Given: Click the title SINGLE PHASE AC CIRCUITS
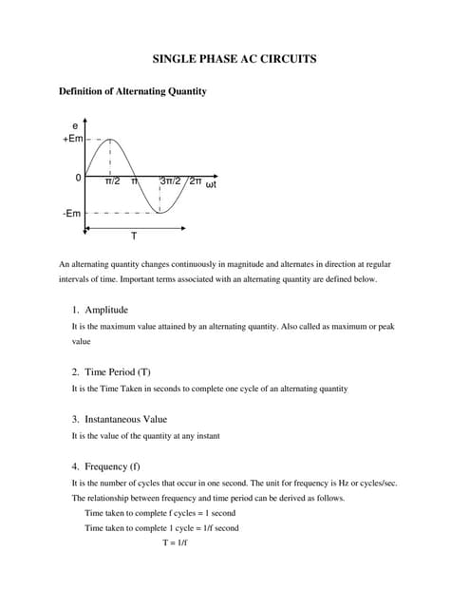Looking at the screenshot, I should coord(235,59).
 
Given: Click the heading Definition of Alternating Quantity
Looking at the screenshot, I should coord(133,91).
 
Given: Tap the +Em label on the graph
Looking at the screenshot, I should coord(72,139).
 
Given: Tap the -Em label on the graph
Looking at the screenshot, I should coord(72,213).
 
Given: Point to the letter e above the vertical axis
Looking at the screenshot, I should coord(75,125).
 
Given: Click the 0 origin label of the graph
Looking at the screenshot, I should coord(78,179).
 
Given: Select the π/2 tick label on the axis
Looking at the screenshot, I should coord(112,180).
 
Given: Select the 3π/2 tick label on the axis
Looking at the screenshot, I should coord(171,180).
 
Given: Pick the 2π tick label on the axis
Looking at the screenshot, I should coord(195,180).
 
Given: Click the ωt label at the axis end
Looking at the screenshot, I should coord(212,183).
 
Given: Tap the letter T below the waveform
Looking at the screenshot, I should coord(133,236).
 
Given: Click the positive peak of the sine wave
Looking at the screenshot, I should coord(110,139).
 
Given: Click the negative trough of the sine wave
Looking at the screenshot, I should coord(160,213).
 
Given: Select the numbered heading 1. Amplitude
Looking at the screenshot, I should coord(100,310).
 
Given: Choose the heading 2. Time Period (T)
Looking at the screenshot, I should coord(111,371).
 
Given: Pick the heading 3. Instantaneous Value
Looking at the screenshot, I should coord(120,419).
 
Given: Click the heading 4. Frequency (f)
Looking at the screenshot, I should coord(106,466).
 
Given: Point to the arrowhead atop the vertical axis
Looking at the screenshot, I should coord(85,122).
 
